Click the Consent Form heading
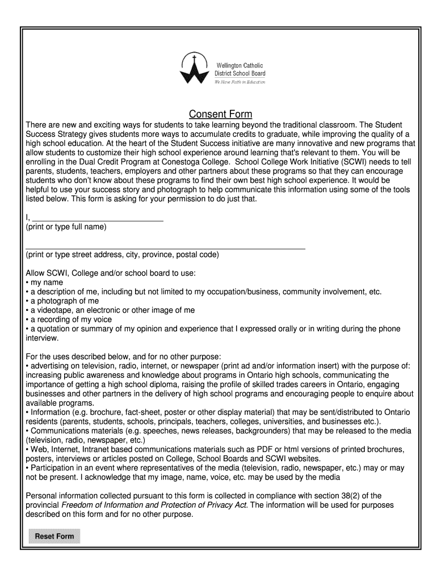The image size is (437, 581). pos(220,114)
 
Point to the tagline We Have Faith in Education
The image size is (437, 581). pos(239,82)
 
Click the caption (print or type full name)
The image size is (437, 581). pos(66,227)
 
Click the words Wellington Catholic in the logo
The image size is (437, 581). pos(239,66)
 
